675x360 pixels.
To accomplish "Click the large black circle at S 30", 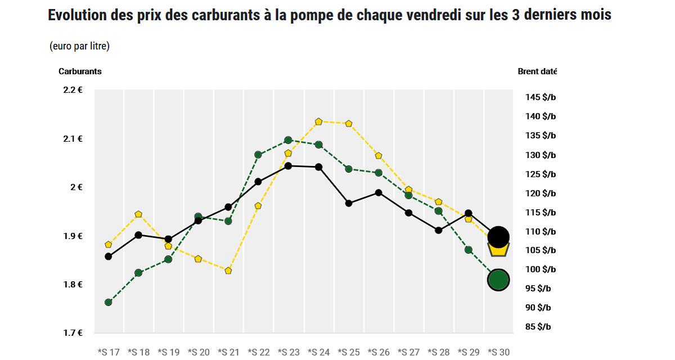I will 498,237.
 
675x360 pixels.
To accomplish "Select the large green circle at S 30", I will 498,279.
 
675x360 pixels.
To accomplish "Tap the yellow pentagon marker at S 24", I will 318,121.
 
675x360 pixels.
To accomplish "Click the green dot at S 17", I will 108,302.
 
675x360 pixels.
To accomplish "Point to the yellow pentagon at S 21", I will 228,271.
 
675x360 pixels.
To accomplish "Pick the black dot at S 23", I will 289,166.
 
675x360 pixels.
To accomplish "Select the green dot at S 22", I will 258,154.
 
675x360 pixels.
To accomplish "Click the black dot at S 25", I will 349,203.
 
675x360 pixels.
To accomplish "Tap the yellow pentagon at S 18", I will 138,214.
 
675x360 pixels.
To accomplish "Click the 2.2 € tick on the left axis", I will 73,90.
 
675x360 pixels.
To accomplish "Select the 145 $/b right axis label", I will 540,97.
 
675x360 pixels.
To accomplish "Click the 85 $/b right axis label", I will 538,327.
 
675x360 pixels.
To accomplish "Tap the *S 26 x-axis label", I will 379,352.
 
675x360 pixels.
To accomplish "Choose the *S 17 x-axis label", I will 108,352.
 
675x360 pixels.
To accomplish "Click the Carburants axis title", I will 80,71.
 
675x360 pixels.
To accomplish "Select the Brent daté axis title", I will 537,71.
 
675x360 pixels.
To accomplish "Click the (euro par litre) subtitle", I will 79,46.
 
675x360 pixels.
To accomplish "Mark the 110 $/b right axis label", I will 540,231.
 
